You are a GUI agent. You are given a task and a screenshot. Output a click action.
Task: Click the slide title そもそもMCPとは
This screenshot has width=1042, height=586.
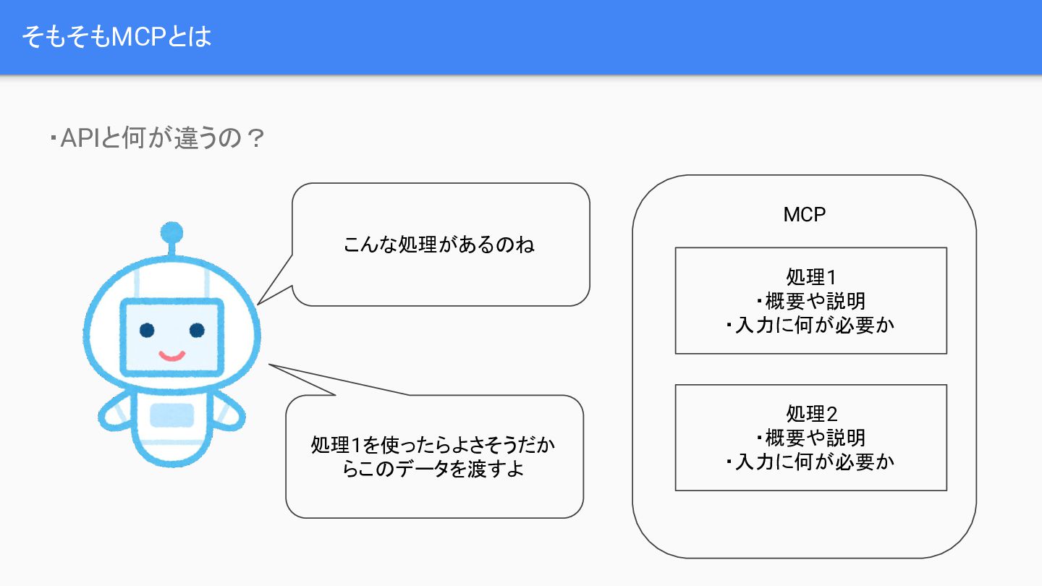pos(117,37)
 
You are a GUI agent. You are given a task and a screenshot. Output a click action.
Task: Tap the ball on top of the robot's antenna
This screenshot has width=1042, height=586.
pos(172,233)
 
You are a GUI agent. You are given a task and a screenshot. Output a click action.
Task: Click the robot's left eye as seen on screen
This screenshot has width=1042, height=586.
pos(148,331)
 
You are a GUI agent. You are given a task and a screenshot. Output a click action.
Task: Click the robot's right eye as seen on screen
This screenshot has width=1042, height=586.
pos(197,331)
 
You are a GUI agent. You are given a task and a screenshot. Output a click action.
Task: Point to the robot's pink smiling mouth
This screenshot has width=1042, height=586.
pos(172,356)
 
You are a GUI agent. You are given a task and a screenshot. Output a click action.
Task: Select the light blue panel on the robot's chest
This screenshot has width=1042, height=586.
pos(172,415)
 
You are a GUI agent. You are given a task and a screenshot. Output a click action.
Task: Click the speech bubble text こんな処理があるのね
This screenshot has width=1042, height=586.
pos(439,245)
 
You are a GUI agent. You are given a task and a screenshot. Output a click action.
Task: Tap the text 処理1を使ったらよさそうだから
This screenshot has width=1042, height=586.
pos(433,444)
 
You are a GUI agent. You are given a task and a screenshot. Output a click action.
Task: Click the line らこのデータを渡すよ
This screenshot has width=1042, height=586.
pos(433,469)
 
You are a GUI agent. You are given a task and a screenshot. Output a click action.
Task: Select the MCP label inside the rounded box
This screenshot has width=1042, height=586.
pos(804,215)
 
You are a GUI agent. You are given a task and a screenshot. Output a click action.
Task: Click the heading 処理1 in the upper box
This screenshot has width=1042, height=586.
pos(810,277)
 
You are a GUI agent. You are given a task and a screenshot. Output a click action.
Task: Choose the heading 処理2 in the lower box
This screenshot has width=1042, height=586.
pos(810,415)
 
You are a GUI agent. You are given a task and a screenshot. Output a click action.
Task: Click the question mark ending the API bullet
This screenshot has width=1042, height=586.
pos(254,139)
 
